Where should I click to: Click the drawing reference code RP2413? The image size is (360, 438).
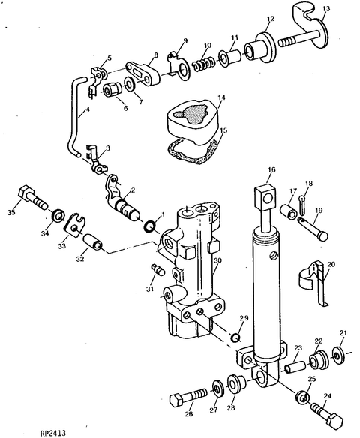coord(53,433)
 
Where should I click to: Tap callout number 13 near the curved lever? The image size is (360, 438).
coord(326,9)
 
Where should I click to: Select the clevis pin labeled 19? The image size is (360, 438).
coord(313,229)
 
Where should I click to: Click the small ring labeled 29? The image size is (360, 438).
coord(235,338)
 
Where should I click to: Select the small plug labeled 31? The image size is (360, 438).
coord(158,269)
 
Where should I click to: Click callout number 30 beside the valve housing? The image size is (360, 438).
coord(217,260)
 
